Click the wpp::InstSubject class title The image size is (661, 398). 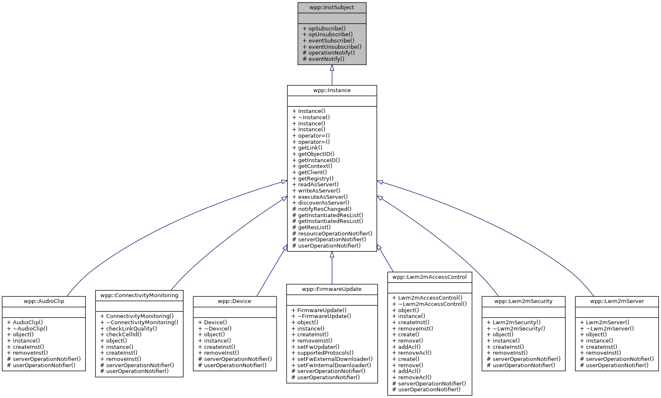tap(332, 8)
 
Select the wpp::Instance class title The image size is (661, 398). tap(332, 90)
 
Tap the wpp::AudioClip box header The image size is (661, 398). tap(44, 301)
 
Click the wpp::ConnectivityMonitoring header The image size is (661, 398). tap(139, 295)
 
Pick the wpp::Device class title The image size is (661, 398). tap(234, 301)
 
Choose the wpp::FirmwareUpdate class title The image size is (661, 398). tap(332, 289)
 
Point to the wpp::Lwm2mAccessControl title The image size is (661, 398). tap(429, 277)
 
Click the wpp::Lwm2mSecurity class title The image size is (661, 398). tap(523, 301)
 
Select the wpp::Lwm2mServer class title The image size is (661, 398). tap(616, 301)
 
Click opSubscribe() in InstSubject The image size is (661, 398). tap(327, 29)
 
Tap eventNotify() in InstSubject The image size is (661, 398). tap(326, 59)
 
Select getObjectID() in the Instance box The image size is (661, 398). tap(316, 154)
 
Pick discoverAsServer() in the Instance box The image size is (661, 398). tap(323, 203)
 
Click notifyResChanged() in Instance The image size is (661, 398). tap(324, 209)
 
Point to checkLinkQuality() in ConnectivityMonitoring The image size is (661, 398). tap(131, 328)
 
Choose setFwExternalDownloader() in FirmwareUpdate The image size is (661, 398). tap(334, 359)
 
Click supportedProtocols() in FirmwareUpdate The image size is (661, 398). tap(325, 353)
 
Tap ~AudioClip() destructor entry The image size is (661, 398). tap(30, 328)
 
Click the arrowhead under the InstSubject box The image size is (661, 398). tap(332, 68)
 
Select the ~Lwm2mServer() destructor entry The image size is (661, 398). tap(610, 328)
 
